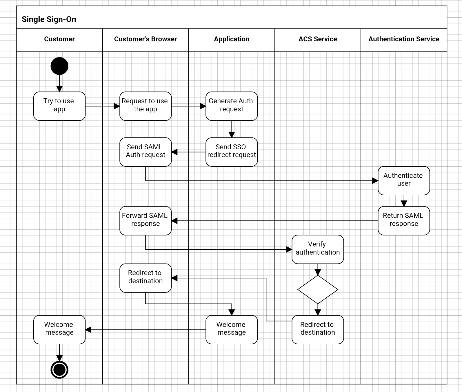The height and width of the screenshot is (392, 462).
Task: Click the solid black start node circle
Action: point(59,66)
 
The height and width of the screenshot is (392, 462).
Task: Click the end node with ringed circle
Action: point(59,370)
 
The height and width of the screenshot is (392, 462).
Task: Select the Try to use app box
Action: point(59,106)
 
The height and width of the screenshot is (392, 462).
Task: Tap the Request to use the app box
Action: point(145,106)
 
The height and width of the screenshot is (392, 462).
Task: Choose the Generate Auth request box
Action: point(232,106)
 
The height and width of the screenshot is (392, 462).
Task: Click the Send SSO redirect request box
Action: point(232,152)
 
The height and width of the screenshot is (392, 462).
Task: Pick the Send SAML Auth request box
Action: point(145,152)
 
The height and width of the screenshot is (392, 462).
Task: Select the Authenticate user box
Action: point(404,180)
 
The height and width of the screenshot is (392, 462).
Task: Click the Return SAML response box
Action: point(404,220)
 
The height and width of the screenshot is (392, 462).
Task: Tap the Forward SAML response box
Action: point(145,220)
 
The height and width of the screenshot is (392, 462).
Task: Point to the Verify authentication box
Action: point(318,249)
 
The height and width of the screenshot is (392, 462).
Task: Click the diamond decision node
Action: point(318,289)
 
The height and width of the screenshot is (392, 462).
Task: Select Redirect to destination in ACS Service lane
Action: point(318,329)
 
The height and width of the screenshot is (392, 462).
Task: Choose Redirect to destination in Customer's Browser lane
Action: point(145,278)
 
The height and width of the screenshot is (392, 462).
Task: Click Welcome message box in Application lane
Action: point(232,329)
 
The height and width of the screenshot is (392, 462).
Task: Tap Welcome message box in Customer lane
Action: point(59,329)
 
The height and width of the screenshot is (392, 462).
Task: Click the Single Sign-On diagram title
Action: point(49,19)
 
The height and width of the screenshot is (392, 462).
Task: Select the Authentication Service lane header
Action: point(404,39)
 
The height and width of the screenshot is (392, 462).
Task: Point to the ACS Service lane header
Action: point(318,39)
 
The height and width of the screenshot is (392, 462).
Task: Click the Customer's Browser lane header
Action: point(145,39)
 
